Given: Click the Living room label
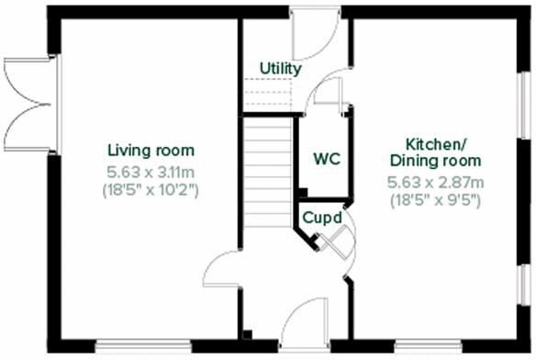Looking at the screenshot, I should point(151,151).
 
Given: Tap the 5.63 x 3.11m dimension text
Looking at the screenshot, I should point(151,171).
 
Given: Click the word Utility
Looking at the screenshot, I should point(280,69).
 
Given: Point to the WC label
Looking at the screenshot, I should point(327,158).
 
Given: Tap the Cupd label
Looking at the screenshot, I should point(323,219).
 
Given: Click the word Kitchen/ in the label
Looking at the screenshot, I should point(436,144).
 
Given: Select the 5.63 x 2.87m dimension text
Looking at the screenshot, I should point(436,182).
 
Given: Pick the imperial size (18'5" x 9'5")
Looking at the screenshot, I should point(436,200).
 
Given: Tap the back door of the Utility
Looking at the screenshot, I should point(312,37).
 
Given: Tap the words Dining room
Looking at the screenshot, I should point(436,162).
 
